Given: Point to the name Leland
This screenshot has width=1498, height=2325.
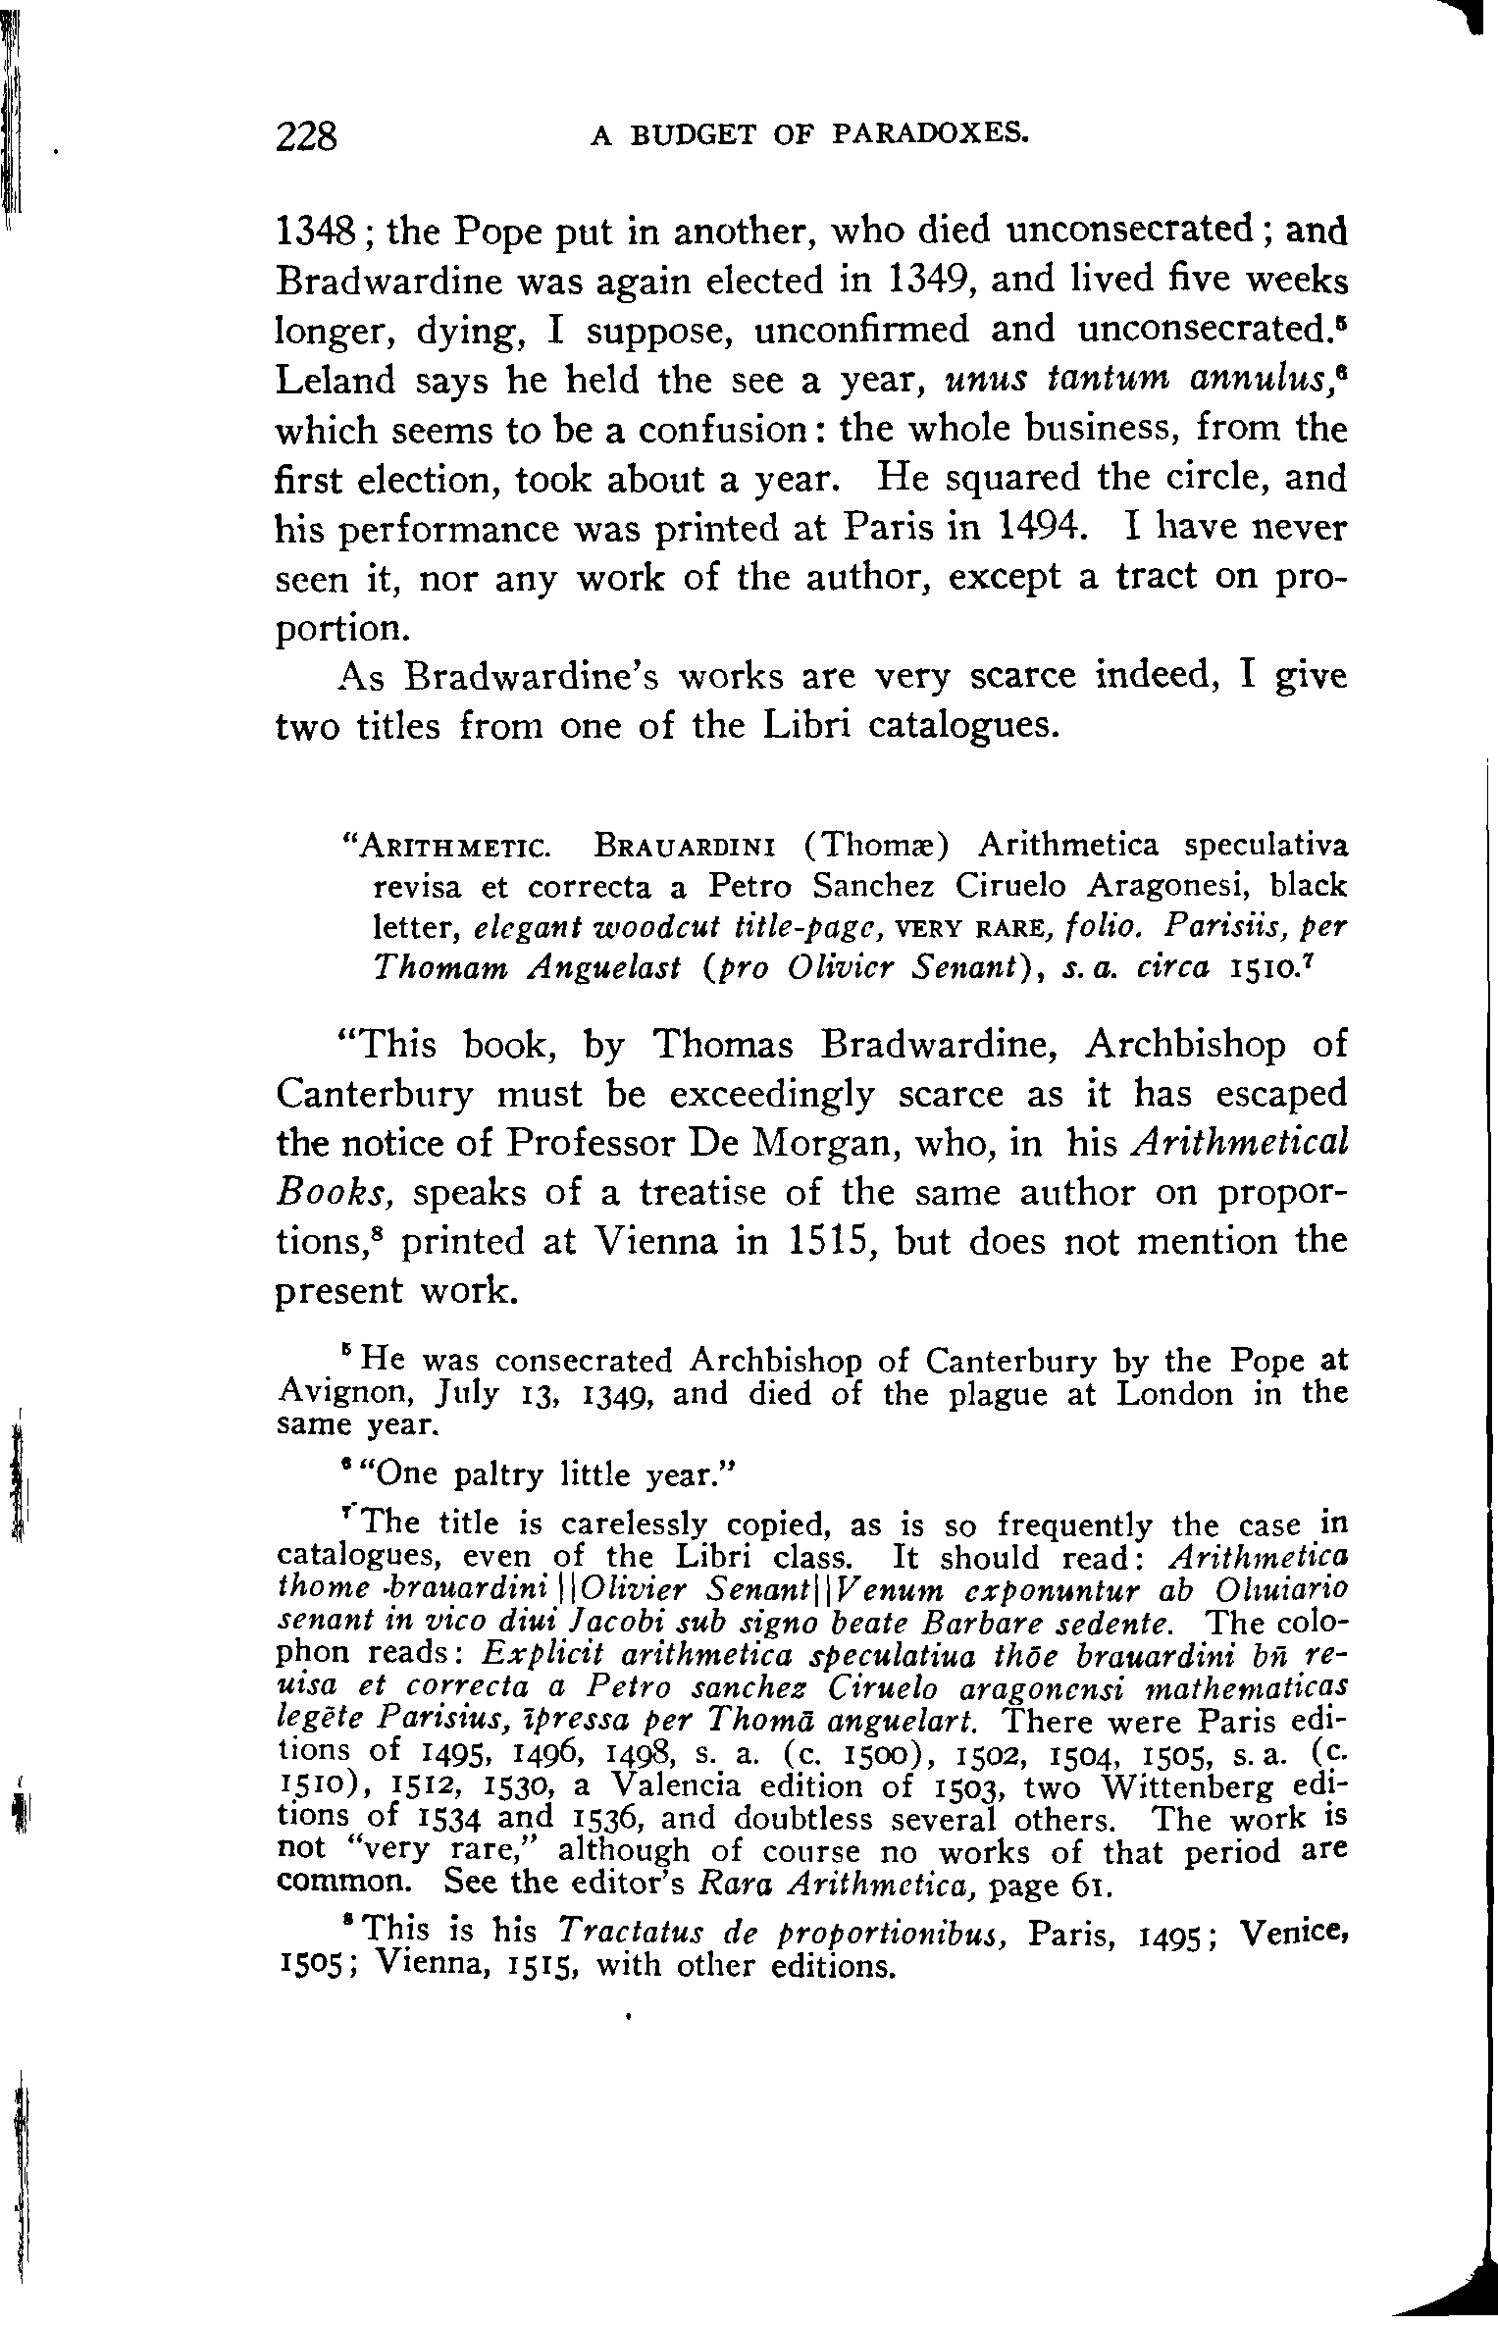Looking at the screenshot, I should (x=332, y=380).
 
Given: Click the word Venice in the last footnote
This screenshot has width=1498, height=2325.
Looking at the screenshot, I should (x=1293, y=1933).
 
